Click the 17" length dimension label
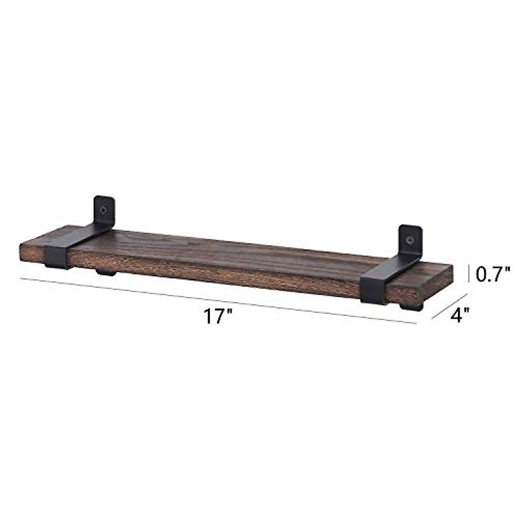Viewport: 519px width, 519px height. click(x=218, y=317)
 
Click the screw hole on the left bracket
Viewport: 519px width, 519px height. click(x=104, y=210)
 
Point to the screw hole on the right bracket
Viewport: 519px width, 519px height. click(x=410, y=238)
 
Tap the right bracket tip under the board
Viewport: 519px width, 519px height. click(x=413, y=308)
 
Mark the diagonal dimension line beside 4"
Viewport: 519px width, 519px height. click(x=449, y=306)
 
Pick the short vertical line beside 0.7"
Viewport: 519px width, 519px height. click(x=469, y=274)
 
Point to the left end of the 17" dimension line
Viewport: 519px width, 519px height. click(x=20, y=278)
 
